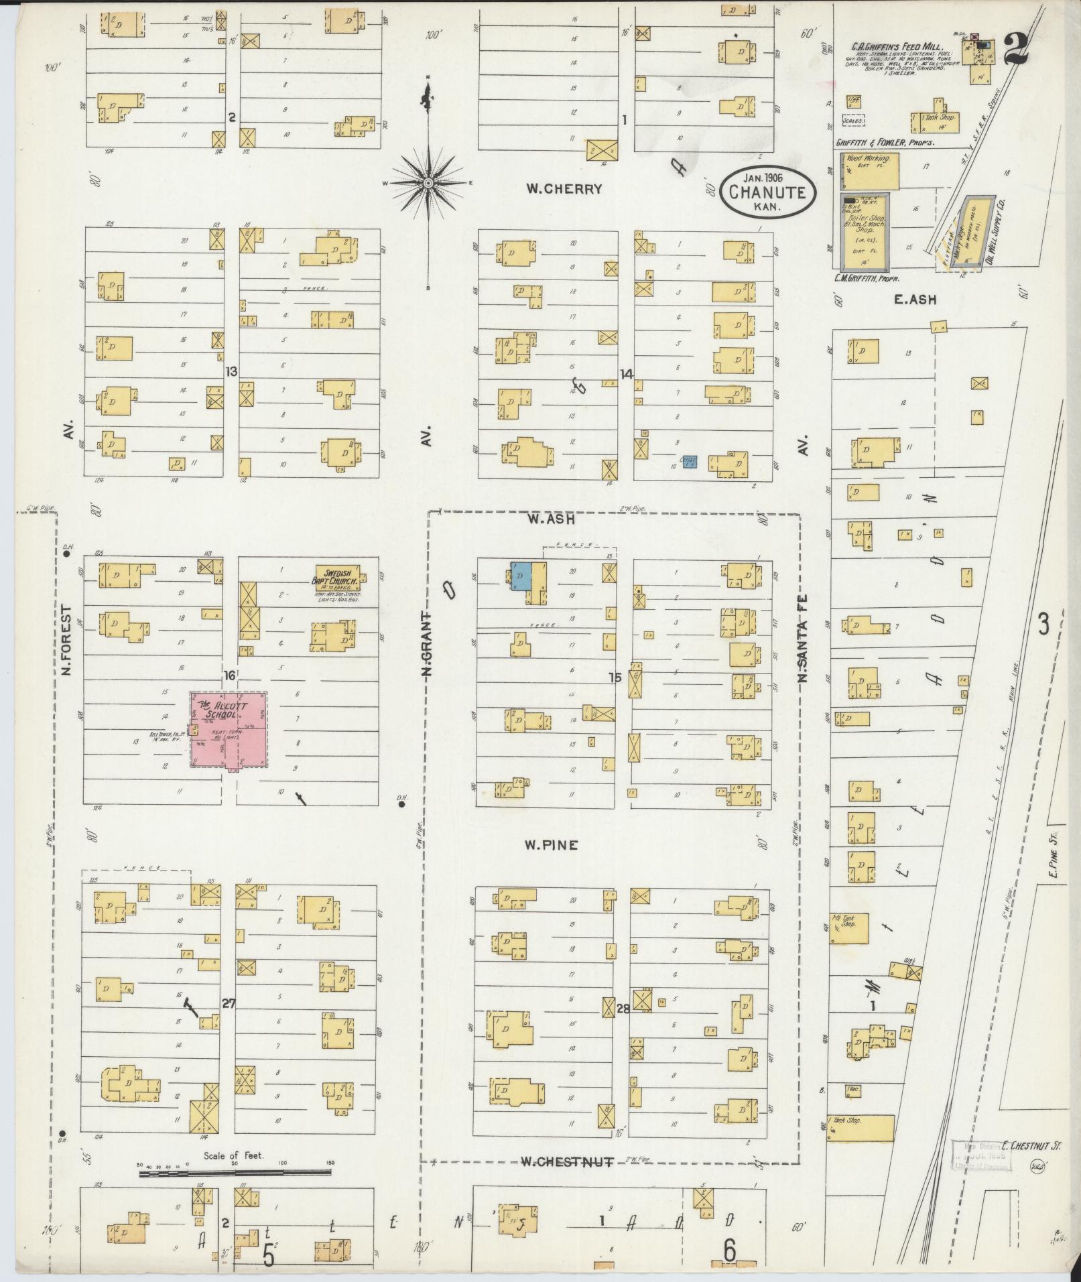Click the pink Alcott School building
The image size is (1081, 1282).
(x=229, y=730)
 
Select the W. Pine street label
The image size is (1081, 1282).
(x=552, y=846)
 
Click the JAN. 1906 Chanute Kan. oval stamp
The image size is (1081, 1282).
(x=769, y=192)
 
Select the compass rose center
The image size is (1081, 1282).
(x=428, y=182)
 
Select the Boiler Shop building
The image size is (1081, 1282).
(x=866, y=231)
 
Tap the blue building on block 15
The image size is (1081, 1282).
(x=521, y=576)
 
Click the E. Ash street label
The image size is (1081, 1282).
(x=914, y=300)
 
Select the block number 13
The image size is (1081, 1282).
(x=231, y=371)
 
